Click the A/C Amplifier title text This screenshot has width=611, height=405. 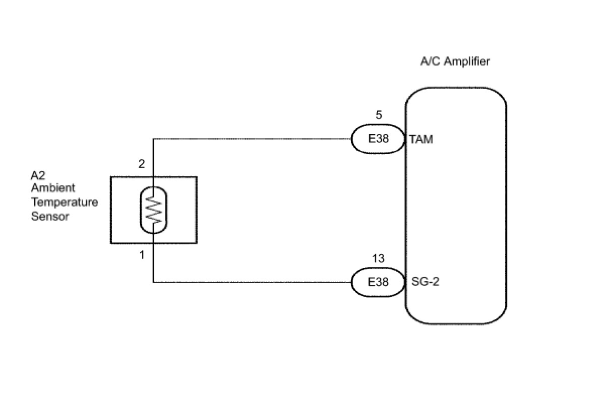pyautogui.click(x=455, y=61)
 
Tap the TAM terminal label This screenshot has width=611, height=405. pyautogui.click(x=421, y=140)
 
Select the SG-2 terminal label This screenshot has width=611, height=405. pyautogui.click(x=425, y=282)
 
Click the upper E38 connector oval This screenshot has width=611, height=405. pyautogui.click(x=378, y=139)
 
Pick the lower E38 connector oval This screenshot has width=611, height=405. pyautogui.click(x=378, y=282)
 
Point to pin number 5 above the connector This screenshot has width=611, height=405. pyautogui.click(x=379, y=115)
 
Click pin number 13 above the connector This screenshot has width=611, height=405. pyautogui.click(x=378, y=258)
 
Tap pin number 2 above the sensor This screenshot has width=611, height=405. pyautogui.click(x=142, y=164)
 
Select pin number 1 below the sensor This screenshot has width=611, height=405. pyautogui.click(x=142, y=255)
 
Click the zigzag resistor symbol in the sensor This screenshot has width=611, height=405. pyautogui.click(x=154, y=210)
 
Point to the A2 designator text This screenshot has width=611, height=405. pyautogui.click(x=38, y=176)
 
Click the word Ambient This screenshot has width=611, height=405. pyautogui.click(x=53, y=188)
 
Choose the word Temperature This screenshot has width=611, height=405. pyautogui.click(x=64, y=202)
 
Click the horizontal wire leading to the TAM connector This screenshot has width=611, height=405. pyautogui.click(x=252, y=139)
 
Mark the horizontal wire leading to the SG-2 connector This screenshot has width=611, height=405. pyautogui.click(x=252, y=282)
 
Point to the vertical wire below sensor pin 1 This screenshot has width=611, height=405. pyautogui.click(x=154, y=262)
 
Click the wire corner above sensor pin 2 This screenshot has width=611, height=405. pyautogui.click(x=154, y=139)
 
